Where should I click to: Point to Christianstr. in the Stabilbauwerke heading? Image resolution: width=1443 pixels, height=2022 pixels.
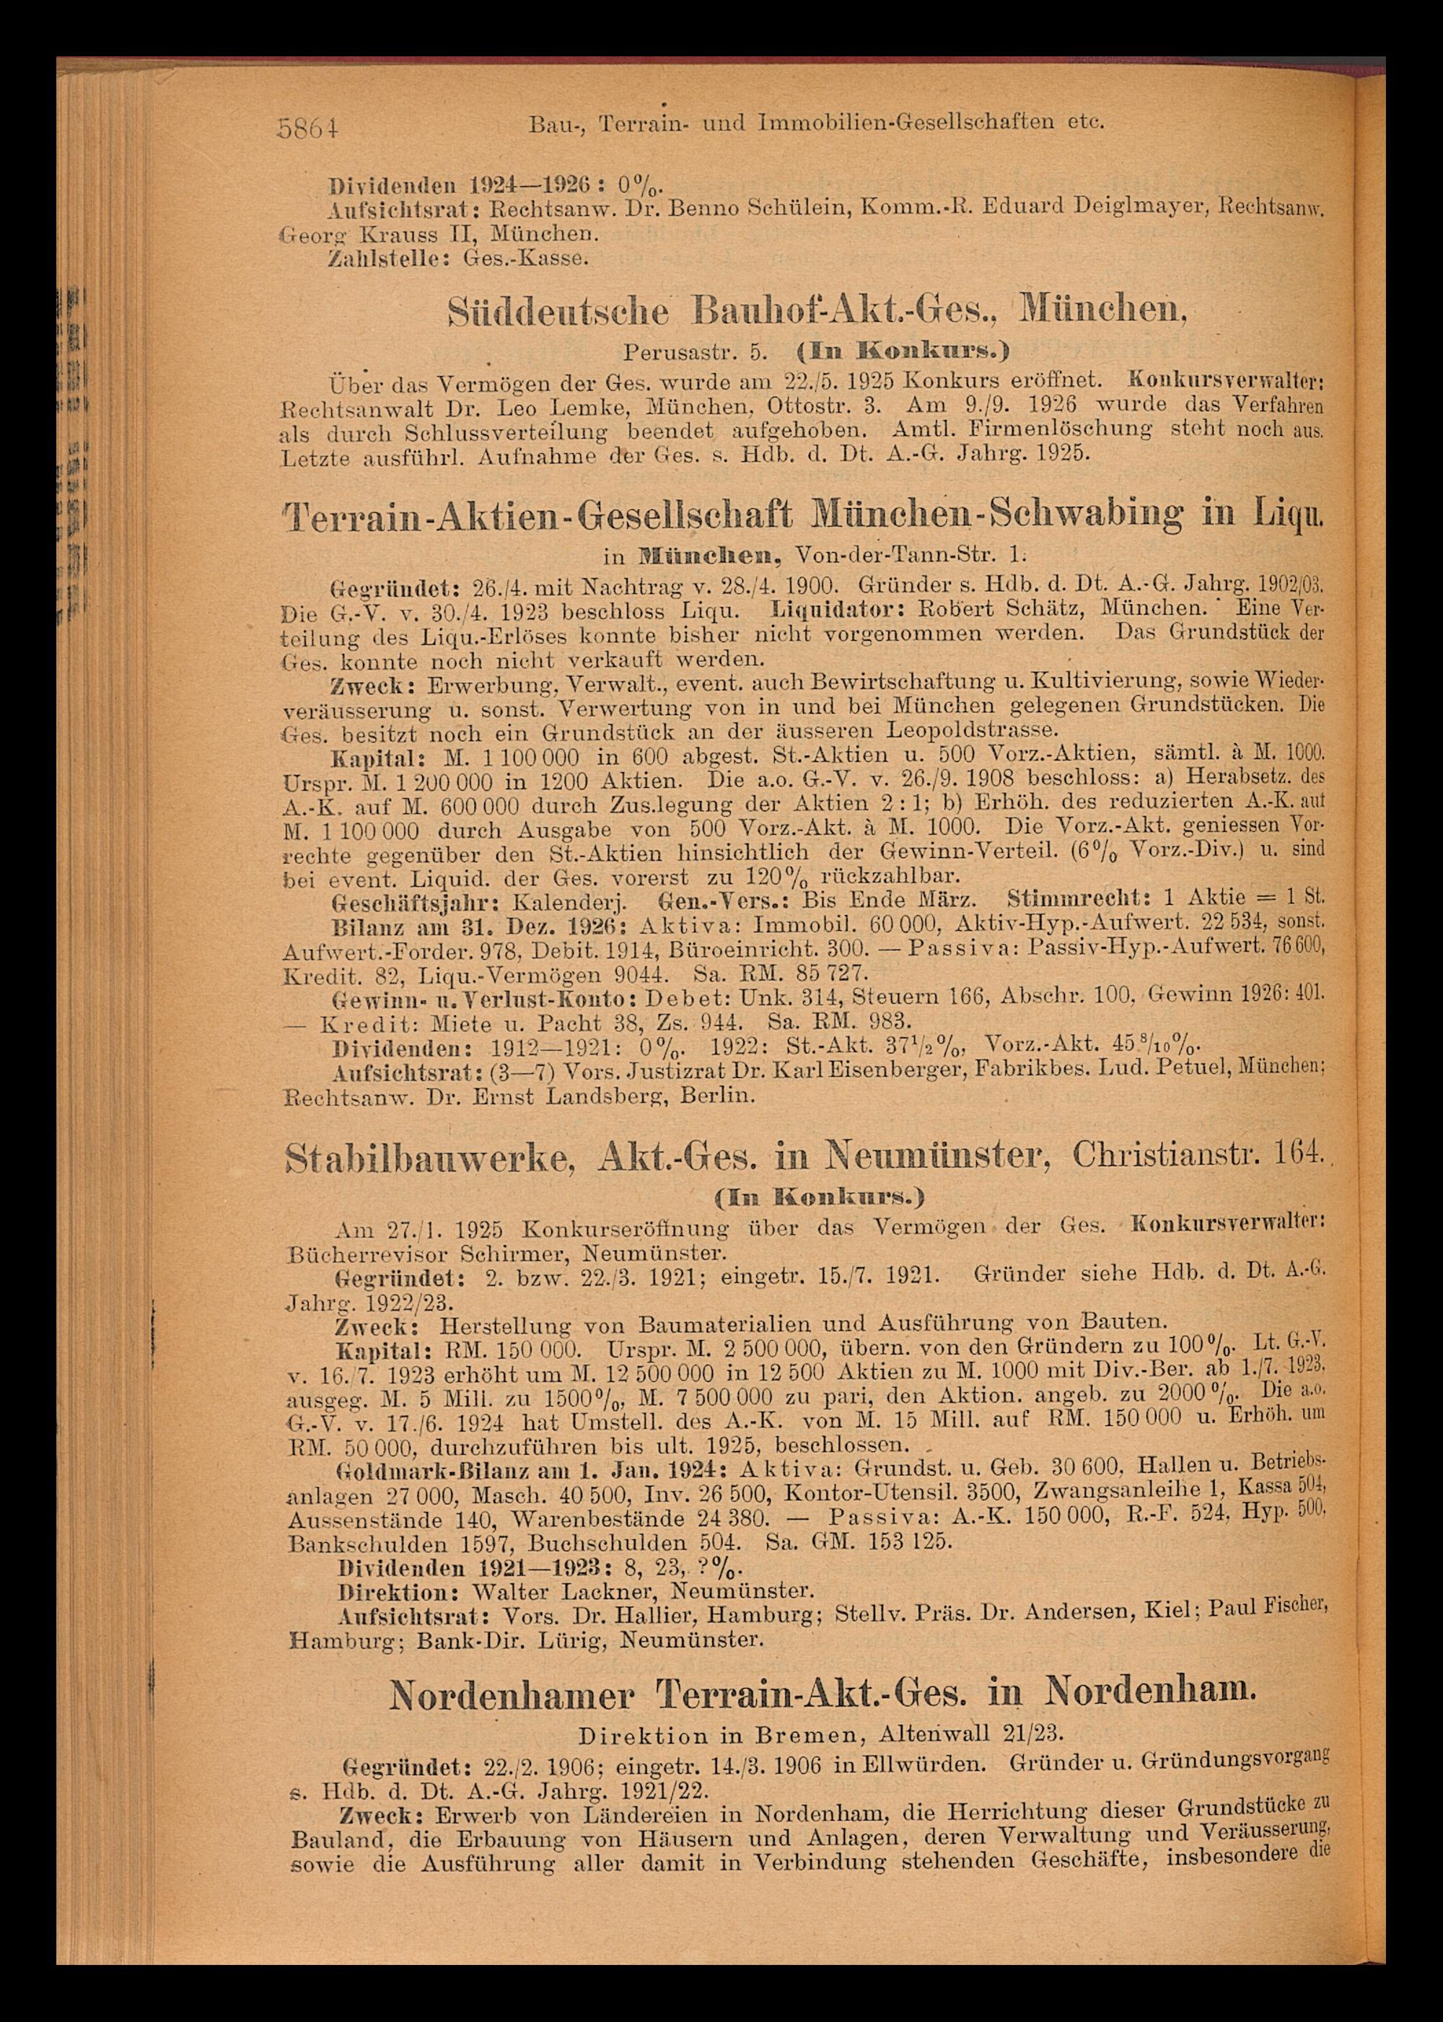[x=1154, y=1155]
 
